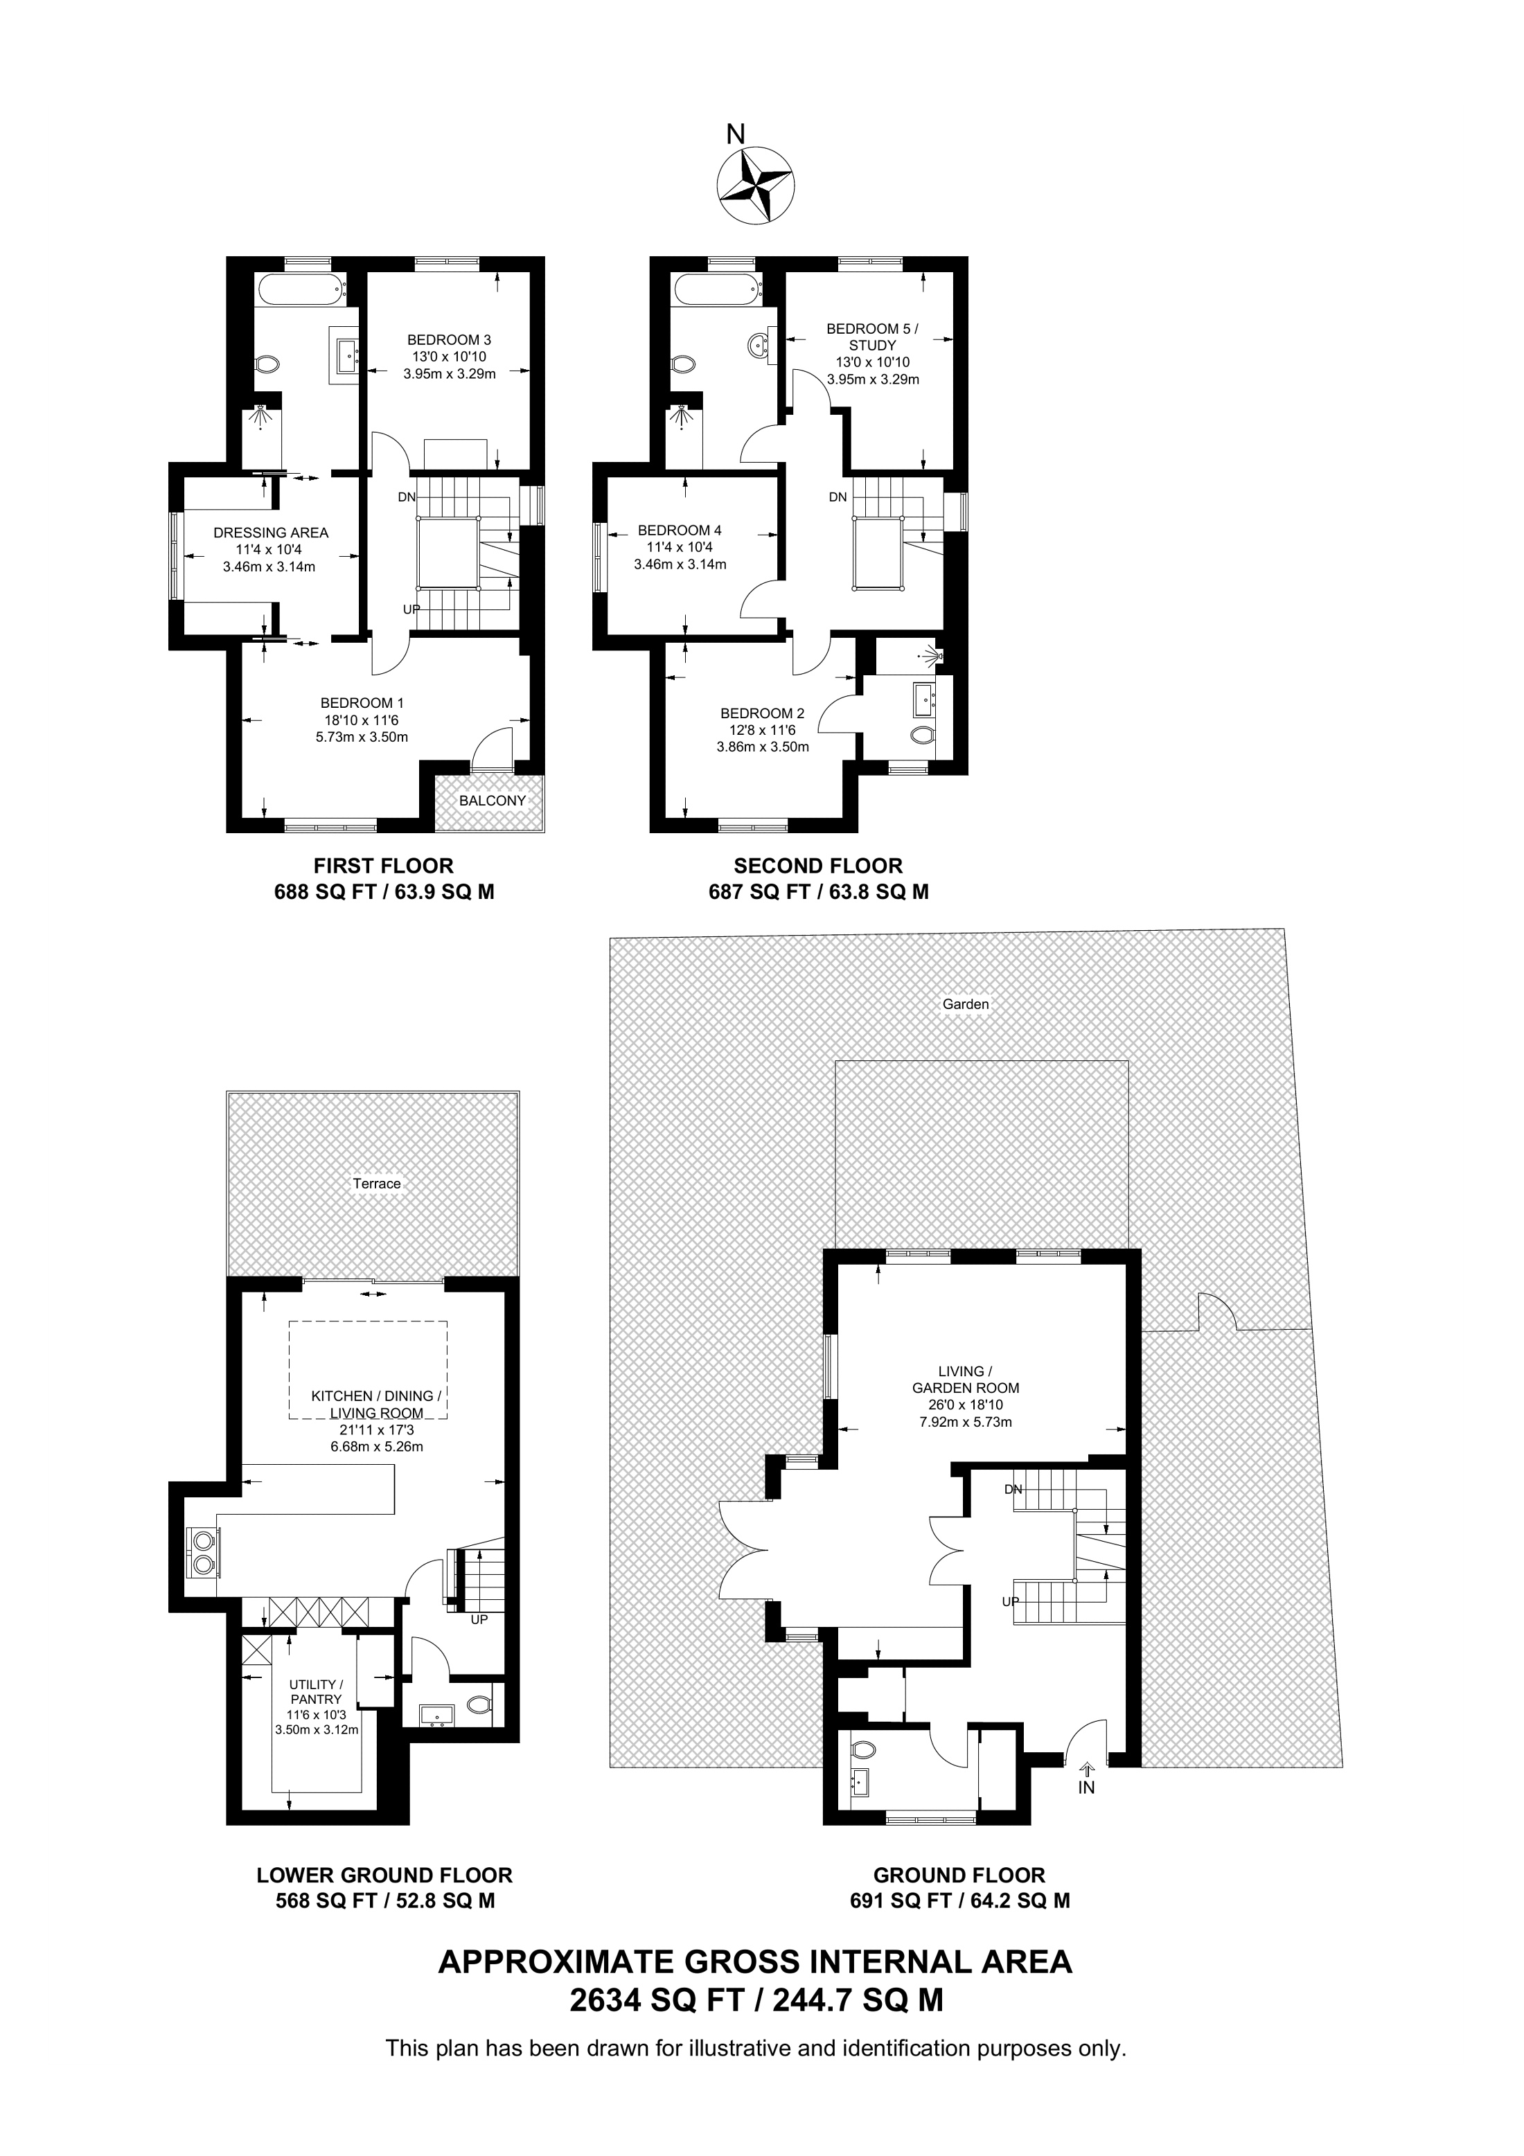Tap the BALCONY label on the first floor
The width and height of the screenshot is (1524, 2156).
pyautogui.click(x=492, y=801)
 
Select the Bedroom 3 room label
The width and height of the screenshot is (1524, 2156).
pyautogui.click(x=449, y=340)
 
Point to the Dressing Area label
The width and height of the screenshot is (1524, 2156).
pyautogui.click(x=270, y=533)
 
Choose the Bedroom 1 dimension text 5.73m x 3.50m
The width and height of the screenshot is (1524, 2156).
pyautogui.click(x=362, y=737)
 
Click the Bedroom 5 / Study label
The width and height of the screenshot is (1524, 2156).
pyautogui.click(x=872, y=337)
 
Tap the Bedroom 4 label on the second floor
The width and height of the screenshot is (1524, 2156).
pyautogui.click(x=680, y=531)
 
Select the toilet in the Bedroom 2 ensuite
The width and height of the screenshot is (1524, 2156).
pyautogui.click(x=923, y=734)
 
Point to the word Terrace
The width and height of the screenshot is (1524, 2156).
pyautogui.click(x=377, y=1184)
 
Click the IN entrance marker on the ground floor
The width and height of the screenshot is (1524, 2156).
pyautogui.click(x=1086, y=1788)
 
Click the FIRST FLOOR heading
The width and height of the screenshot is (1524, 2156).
pyautogui.click(x=383, y=866)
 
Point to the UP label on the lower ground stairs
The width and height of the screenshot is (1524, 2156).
pyautogui.click(x=479, y=1620)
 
